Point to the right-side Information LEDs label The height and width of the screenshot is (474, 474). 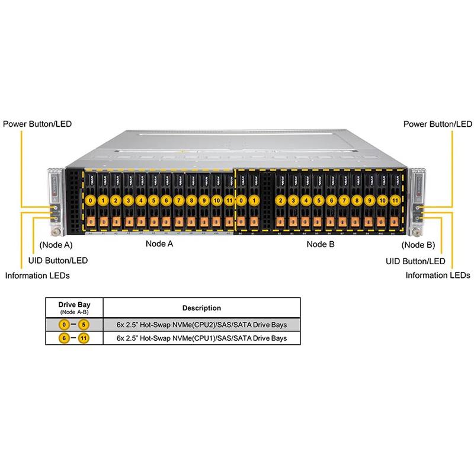coord(438,275)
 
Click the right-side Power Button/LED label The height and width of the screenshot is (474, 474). coord(437,124)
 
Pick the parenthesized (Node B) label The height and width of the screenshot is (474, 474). coord(418,244)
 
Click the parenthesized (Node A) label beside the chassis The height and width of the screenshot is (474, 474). coord(56,244)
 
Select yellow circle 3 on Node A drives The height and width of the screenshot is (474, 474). coord(129,200)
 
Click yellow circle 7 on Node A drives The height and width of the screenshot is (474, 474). coord(178,200)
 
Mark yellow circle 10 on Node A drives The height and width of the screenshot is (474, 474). coord(216,200)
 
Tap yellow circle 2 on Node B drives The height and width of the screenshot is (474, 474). coord(281,200)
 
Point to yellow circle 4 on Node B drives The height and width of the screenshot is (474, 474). coord(306,200)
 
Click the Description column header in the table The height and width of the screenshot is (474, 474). coord(202,308)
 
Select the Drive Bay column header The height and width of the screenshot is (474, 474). coord(75,305)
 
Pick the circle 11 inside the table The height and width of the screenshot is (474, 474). coord(88,338)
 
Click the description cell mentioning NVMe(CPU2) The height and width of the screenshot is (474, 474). coord(202,324)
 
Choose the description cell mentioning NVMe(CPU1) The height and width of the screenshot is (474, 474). coord(202,338)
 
